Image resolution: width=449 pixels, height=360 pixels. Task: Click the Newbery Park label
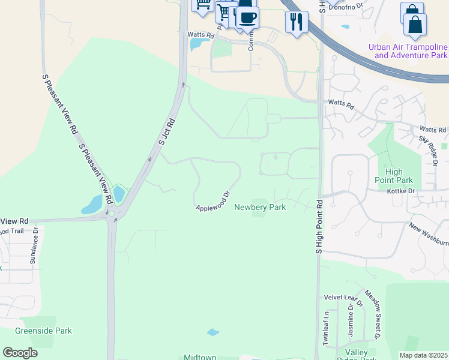[x=259, y=207]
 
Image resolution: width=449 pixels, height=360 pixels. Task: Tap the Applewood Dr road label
[x=213, y=202]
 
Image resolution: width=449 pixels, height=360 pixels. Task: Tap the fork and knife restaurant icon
[x=297, y=23]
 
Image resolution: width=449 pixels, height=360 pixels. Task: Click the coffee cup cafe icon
[x=247, y=17]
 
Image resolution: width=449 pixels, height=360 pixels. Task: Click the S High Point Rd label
[x=319, y=226]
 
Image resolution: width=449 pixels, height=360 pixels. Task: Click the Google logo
[x=20, y=353]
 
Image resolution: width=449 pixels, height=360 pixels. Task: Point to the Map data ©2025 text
[x=423, y=355]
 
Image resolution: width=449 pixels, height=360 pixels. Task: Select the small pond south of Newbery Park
[x=213, y=332]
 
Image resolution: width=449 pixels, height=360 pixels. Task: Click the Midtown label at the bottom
[x=200, y=357]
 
